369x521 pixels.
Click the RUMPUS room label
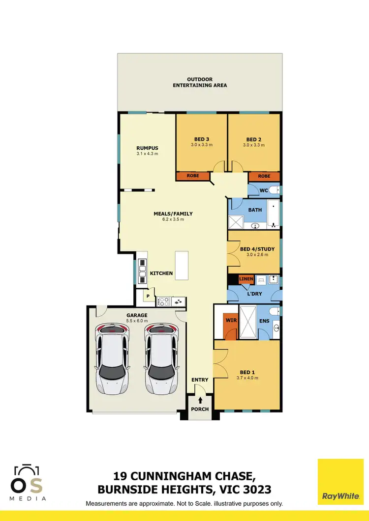click(x=147, y=148)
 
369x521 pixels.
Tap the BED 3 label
click(x=201, y=139)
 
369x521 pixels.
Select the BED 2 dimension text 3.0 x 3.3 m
click(x=254, y=145)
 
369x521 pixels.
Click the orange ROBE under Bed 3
click(x=194, y=176)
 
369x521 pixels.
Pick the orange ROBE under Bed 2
click(x=264, y=176)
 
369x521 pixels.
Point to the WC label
click(x=264, y=190)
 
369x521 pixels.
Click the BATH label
click(x=255, y=210)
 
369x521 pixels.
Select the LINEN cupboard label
click(x=246, y=279)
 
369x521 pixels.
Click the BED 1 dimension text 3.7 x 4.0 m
click(x=247, y=378)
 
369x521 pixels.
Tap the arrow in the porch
click(x=200, y=400)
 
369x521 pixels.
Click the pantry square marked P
click(x=147, y=296)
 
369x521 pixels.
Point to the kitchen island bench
click(x=182, y=266)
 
